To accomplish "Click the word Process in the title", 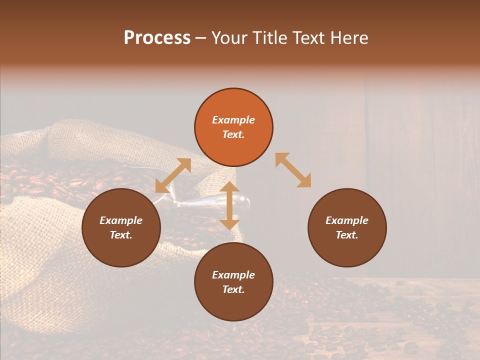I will coord(157,38).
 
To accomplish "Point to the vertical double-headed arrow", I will coord(229,205).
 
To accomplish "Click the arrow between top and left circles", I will coord(173,175).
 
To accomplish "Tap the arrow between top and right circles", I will coord(293,170).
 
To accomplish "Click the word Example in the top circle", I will coord(233,120).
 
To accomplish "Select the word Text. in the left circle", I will coord(121,235).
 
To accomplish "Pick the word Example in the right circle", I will coord(347,220).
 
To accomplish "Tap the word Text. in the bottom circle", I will coord(233,289).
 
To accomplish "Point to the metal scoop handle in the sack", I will coord(235,203).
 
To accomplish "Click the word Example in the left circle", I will coord(121,220).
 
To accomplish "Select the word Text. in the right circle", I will coord(347,235).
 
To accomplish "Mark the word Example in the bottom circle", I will coord(233,275).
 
